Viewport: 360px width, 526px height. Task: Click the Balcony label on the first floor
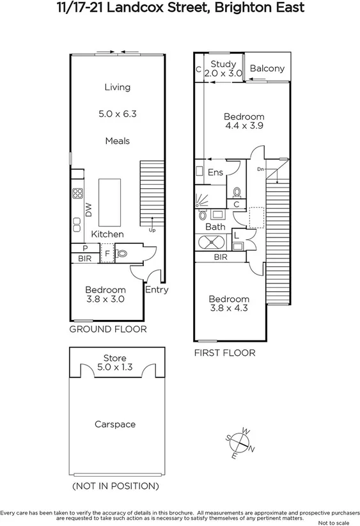(267, 68)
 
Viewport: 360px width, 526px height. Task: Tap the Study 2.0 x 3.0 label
(224, 68)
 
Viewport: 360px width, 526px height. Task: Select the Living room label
(118, 87)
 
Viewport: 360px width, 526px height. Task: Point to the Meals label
(118, 141)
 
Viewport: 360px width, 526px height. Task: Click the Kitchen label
(107, 235)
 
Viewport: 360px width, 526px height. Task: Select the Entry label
(157, 289)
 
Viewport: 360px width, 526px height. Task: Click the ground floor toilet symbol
(122, 253)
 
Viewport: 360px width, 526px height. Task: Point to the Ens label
(215, 172)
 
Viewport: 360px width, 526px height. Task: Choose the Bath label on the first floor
(215, 227)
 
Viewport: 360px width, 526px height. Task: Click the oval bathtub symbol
(211, 242)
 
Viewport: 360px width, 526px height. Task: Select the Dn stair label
(260, 169)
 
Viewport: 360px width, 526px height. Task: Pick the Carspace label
(115, 424)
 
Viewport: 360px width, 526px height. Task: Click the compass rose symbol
(242, 442)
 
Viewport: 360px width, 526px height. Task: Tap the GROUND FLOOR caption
(108, 330)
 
